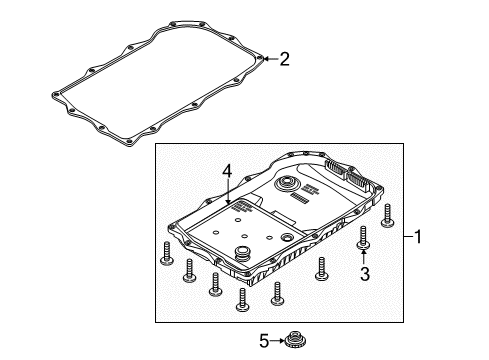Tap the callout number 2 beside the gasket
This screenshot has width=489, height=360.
pyautogui.click(x=284, y=59)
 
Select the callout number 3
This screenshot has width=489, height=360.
pyautogui.click(x=364, y=273)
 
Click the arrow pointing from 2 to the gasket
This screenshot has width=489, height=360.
pyautogui.click(x=269, y=59)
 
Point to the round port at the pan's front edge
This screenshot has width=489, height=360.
pyautogui.click(x=241, y=249)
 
